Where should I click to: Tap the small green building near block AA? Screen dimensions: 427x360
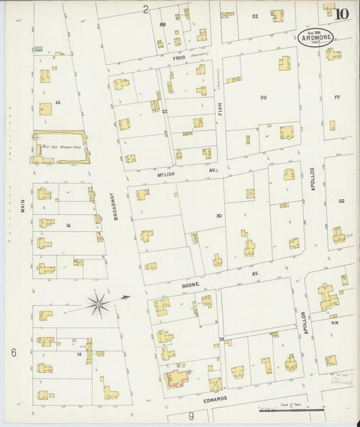(x=38, y=49)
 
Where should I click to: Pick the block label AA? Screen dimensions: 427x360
(x=58, y=103)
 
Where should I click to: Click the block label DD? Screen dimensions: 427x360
(x=263, y=97)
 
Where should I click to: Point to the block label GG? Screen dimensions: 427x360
(x=341, y=201)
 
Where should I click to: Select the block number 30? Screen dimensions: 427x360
(x=218, y=216)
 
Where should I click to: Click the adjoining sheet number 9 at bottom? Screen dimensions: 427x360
(x=191, y=416)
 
